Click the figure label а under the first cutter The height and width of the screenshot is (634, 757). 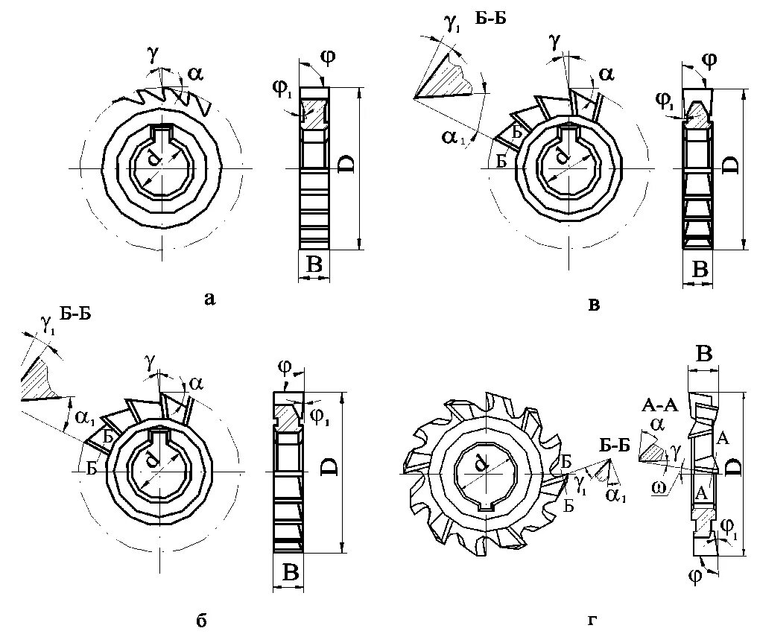[210, 299]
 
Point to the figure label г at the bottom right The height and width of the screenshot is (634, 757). [592, 619]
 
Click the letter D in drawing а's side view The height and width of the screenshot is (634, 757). [346, 165]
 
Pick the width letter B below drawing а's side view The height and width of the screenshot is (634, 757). [314, 264]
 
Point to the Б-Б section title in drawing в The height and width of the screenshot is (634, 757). [491, 19]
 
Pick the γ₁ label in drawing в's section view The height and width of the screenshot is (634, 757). [452, 25]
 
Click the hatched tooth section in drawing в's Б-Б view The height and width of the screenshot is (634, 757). [451, 77]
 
